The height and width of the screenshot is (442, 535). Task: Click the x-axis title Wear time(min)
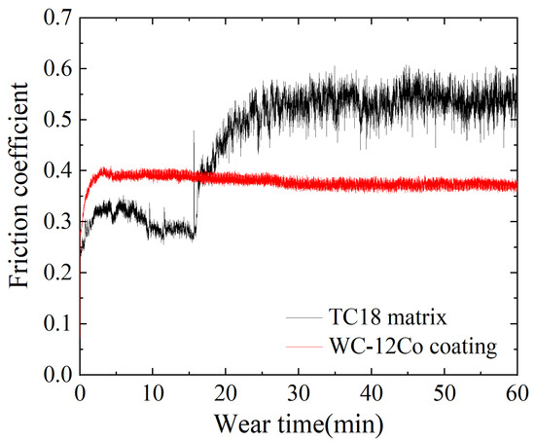coord(298,424)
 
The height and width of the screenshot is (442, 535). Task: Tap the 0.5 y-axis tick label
coord(56,120)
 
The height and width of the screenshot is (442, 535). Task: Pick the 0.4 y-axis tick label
coord(56,170)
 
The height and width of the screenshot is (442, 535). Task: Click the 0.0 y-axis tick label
coord(56,375)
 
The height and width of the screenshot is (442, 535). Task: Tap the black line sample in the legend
coord(302,317)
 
